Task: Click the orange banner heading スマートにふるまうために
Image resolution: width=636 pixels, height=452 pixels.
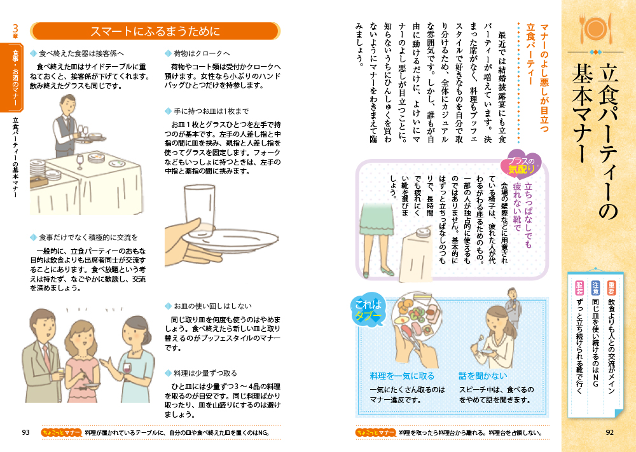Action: coord(155,31)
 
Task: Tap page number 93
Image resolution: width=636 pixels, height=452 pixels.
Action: coord(26,432)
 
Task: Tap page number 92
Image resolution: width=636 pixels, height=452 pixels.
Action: coord(610,432)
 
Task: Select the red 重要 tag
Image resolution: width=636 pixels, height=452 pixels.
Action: coord(611,288)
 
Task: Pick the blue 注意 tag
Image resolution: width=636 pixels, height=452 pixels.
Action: coord(595,288)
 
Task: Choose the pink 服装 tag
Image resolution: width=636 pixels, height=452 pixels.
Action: coord(579,288)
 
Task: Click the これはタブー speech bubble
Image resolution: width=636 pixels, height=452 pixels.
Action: coord(368,310)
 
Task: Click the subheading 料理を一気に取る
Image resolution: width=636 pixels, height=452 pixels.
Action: coord(402,376)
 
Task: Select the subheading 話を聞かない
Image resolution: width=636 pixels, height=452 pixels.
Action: coord(483,376)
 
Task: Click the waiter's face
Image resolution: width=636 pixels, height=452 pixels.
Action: coord(69,107)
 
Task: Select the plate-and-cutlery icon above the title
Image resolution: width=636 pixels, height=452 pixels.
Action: coord(595,29)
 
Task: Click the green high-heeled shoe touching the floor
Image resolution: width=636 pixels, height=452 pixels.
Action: coord(387,270)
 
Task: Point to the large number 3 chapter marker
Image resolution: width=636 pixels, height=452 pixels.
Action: coord(15,29)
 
